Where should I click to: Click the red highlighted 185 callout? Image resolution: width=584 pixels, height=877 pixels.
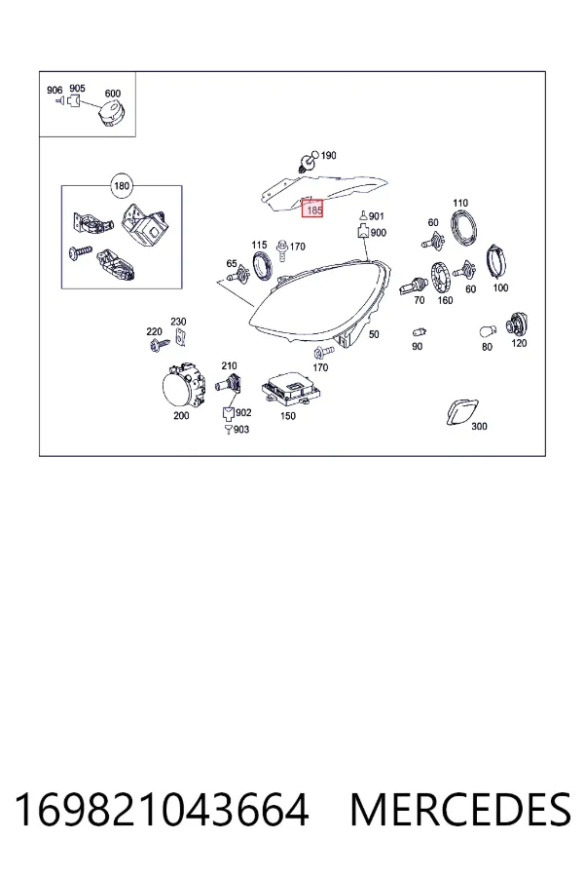(312, 209)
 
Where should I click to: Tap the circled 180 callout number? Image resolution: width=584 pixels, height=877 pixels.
(122, 186)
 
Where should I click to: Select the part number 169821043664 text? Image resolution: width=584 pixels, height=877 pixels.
(162, 810)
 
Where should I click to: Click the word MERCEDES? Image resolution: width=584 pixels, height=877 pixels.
(460, 810)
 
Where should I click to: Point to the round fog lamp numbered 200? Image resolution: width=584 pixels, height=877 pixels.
(180, 385)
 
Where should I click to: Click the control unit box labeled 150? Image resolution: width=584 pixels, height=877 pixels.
(291, 388)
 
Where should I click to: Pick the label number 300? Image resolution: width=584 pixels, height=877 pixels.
(479, 426)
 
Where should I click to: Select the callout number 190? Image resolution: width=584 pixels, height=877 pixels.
(328, 156)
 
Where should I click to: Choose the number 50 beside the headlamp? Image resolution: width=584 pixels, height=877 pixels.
(374, 334)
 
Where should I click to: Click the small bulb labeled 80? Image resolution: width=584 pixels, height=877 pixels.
(488, 331)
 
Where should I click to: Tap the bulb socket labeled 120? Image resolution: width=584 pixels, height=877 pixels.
(517, 324)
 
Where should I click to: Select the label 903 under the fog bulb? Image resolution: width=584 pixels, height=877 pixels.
(240, 430)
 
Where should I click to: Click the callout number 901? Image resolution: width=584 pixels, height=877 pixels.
(377, 216)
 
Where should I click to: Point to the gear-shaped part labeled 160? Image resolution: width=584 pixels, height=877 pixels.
(442, 278)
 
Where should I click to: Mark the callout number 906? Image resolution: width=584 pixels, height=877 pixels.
(55, 90)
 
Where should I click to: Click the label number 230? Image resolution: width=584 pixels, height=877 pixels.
(178, 322)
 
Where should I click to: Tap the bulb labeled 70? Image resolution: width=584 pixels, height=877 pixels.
(414, 286)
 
